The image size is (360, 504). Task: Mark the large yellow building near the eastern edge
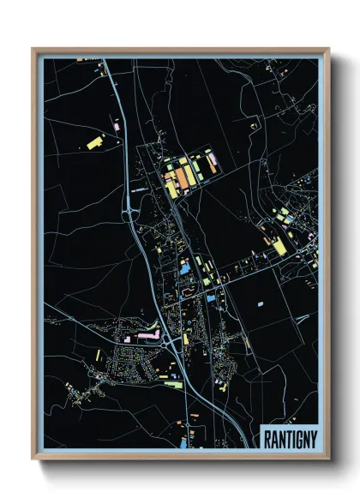279,247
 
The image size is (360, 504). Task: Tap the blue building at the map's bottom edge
183,444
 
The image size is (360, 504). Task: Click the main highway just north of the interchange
122,163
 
